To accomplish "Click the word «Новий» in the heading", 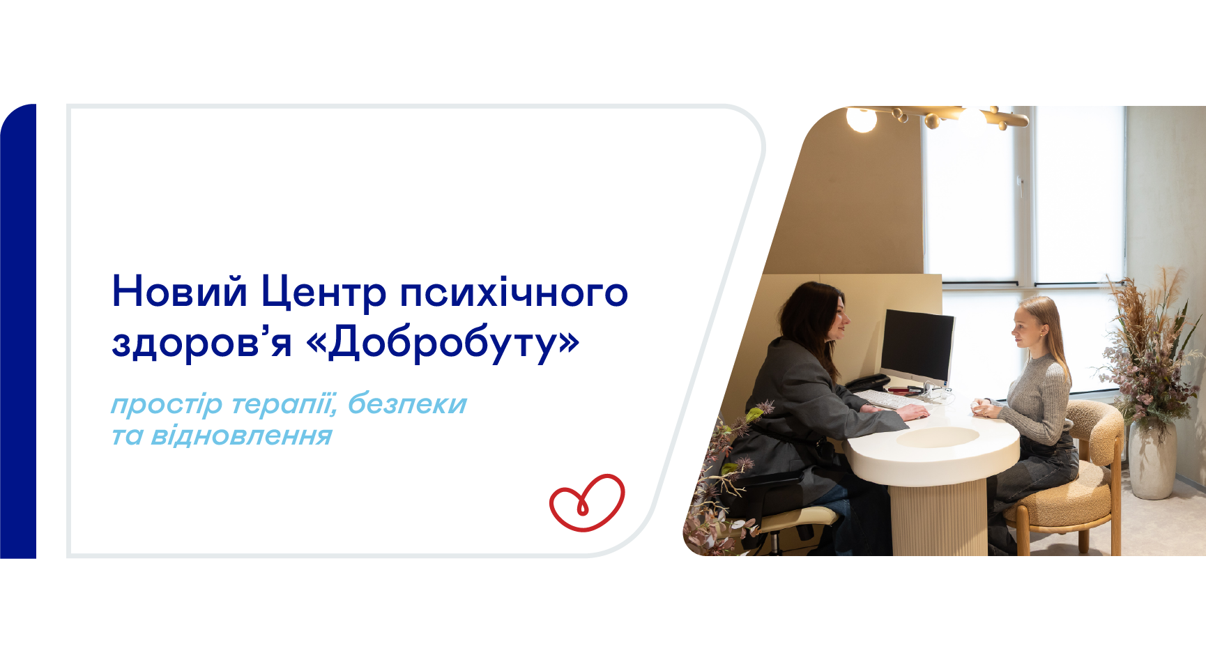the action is pyautogui.click(x=180, y=291).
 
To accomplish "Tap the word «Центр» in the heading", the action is pyautogui.click(x=323, y=293).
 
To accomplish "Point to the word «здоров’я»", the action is pyautogui.click(x=201, y=343).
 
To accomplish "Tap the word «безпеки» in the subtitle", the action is pyautogui.click(x=407, y=403).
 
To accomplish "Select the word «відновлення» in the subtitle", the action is pyautogui.click(x=241, y=436).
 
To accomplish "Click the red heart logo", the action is pyautogui.click(x=587, y=503).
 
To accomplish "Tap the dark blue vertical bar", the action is pyautogui.click(x=18, y=331).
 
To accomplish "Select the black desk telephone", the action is pyautogui.click(x=867, y=383).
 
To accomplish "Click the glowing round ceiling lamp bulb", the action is pyautogui.click(x=862, y=119).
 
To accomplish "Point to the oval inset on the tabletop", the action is pyautogui.click(x=938, y=437).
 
